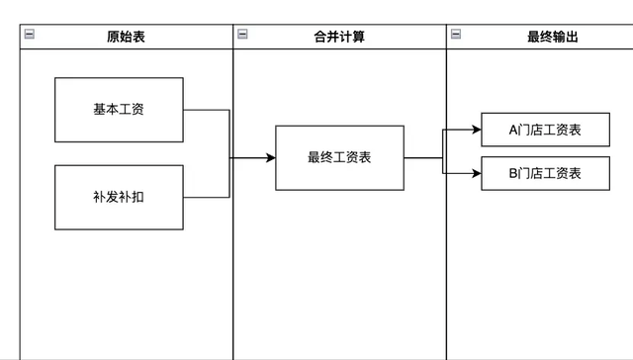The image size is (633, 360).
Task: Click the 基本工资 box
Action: point(119,110)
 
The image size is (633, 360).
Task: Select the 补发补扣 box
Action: point(119,197)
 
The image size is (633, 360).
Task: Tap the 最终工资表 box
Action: point(339,157)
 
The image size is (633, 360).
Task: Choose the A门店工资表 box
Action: point(545,130)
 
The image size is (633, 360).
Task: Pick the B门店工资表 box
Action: point(545,173)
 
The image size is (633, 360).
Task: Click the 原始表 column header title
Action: point(127,37)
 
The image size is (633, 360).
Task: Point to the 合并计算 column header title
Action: point(339,37)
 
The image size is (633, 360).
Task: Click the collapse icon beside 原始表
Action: point(29,35)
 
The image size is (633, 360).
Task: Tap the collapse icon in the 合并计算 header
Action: point(242,35)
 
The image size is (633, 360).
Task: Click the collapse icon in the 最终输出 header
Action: point(456,35)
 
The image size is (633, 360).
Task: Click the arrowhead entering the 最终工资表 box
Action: point(270,157)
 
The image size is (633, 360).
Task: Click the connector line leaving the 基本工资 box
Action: point(208,110)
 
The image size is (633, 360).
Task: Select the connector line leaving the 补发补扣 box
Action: point(208,197)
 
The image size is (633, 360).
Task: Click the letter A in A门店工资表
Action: point(513,130)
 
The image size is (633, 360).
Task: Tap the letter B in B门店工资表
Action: point(513,173)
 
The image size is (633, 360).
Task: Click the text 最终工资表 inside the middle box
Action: point(339,157)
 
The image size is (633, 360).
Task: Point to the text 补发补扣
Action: point(119,197)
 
